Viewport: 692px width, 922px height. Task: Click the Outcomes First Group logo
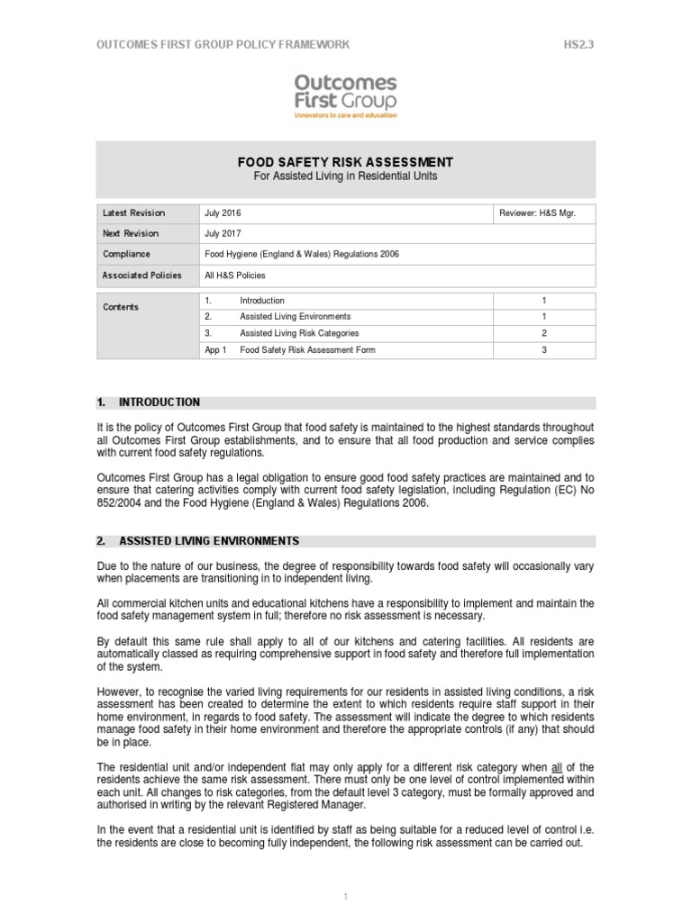pyautogui.click(x=345, y=95)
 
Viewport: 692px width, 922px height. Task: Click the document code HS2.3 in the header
pyautogui.click(x=578, y=44)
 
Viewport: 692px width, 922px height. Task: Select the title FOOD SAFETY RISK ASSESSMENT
pyautogui.click(x=345, y=162)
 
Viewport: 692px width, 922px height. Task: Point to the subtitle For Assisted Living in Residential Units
pyautogui.click(x=345, y=176)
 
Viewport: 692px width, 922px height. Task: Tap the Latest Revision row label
pyautogui.click(x=134, y=213)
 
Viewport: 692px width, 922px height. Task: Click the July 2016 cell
pyautogui.click(x=223, y=213)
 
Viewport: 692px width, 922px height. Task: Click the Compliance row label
pyautogui.click(x=127, y=255)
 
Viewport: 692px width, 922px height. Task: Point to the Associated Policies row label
pyautogui.click(x=142, y=276)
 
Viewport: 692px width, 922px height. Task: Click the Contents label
pyautogui.click(x=121, y=308)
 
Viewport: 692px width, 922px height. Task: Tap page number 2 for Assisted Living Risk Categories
pyautogui.click(x=543, y=333)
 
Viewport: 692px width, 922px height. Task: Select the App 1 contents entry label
pyautogui.click(x=215, y=350)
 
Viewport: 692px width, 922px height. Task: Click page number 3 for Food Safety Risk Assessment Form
pyautogui.click(x=543, y=350)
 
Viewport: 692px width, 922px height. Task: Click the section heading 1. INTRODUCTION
pyautogui.click(x=148, y=402)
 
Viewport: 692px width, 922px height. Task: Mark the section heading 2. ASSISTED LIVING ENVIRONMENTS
pyautogui.click(x=197, y=541)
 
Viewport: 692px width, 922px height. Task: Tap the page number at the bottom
pyautogui.click(x=345, y=898)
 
